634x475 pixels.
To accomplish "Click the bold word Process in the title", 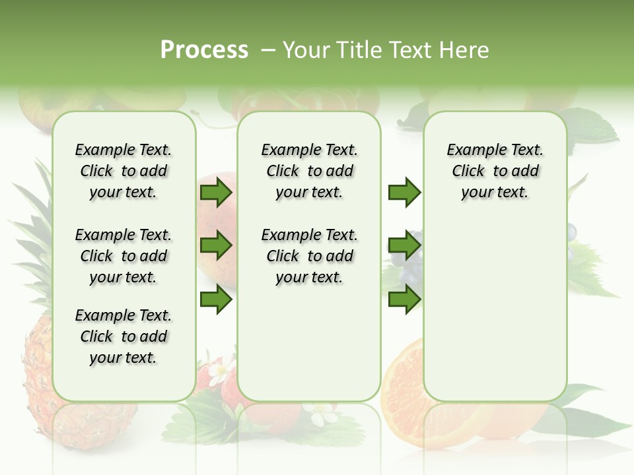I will click(204, 50).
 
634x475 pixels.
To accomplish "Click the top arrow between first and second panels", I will click(216, 192).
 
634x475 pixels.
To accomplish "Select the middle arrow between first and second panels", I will click(216, 246).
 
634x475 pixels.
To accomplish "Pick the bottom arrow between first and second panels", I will click(216, 300).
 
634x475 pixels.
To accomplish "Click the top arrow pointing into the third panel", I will click(404, 192).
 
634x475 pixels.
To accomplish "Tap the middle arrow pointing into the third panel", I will click(404, 246).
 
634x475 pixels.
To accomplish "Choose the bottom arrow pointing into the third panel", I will click(404, 300).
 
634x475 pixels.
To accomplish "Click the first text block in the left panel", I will click(123, 171).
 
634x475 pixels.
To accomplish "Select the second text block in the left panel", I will click(123, 256).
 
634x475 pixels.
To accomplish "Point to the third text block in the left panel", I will click(123, 336).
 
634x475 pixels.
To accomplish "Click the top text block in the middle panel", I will click(309, 171).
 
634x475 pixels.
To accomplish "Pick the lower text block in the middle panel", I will click(309, 256).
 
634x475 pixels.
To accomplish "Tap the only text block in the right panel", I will click(495, 171).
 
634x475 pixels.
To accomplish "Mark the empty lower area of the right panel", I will click(495, 310).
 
